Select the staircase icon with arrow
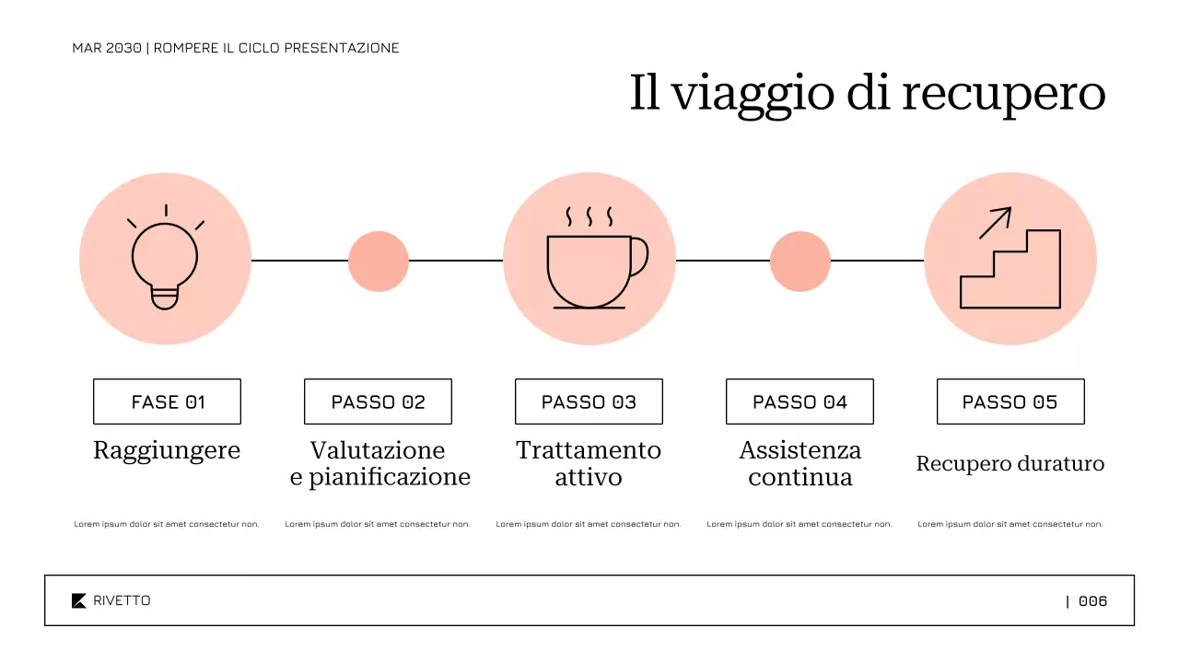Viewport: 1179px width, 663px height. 1010,267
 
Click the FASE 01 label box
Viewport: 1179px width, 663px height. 167,401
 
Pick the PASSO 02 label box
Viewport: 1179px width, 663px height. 378,401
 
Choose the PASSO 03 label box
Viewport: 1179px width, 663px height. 589,401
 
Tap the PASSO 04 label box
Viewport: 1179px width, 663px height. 800,401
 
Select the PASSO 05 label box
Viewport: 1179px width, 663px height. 1010,401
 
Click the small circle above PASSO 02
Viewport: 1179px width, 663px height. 378,261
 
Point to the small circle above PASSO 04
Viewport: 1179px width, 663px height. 800,261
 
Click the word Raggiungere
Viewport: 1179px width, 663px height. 167,451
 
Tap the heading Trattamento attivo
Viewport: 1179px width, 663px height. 589,464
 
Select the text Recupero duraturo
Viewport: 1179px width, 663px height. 1010,463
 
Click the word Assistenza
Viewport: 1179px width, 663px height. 800,450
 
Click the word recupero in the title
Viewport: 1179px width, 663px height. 1003,93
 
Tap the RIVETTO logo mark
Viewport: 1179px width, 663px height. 79,600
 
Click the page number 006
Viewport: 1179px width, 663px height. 1092,601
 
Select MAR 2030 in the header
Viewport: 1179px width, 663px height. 107,48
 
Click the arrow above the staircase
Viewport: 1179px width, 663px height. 995,222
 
